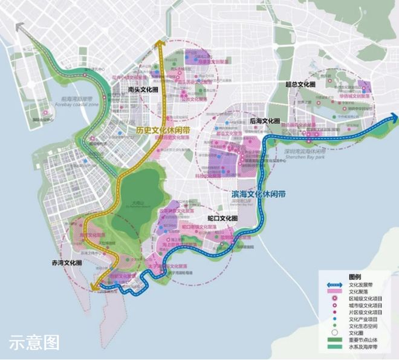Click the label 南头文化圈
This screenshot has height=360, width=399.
tap(143, 90)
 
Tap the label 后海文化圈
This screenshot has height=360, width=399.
tap(265, 121)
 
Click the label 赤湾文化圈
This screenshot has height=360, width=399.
tap(67, 264)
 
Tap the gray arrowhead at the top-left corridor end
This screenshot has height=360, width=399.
tap(20, 27)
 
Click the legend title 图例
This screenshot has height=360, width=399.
tap(356, 274)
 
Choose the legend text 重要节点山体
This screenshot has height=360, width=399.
tap(366, 342)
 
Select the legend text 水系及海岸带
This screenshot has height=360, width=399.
tap(366, 350)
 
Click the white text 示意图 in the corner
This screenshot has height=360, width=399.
tap(34, 342)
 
